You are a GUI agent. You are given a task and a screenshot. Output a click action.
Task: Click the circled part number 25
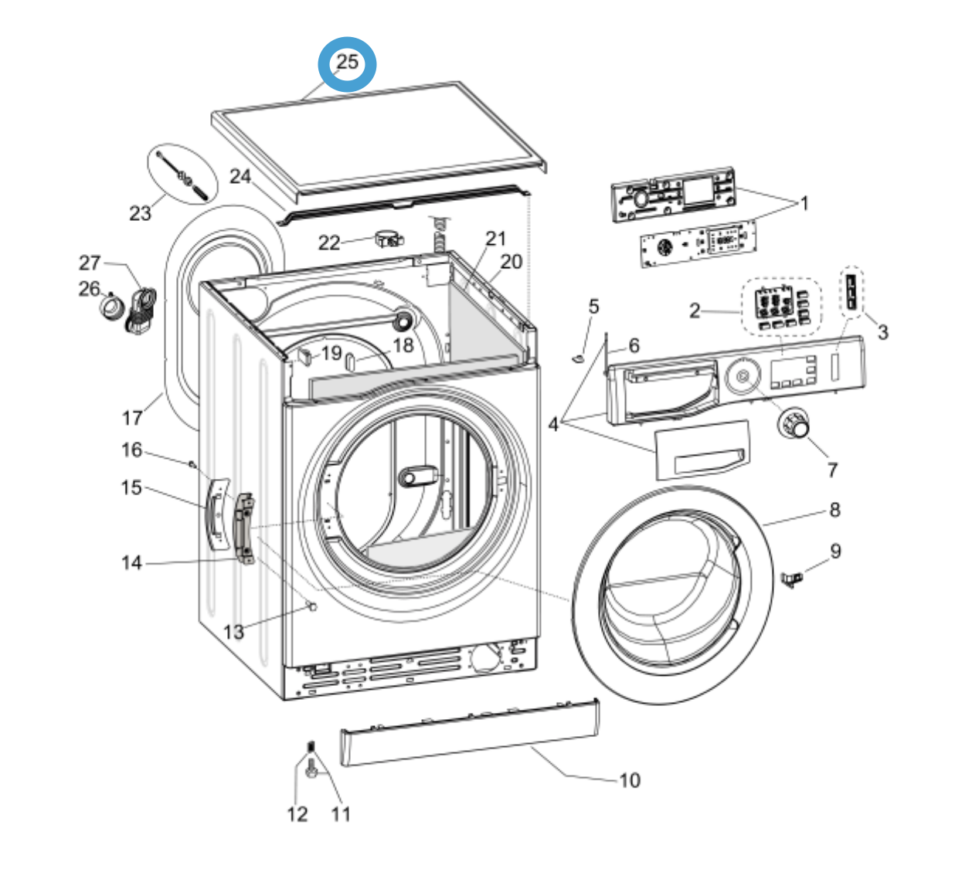[x=347, y=63]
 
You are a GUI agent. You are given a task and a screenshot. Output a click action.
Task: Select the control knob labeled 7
[x=793, y=423]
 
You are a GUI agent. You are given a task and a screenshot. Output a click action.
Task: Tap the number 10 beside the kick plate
[x=630, y=780]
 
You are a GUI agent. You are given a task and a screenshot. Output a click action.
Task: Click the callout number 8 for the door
[x=834, y=510]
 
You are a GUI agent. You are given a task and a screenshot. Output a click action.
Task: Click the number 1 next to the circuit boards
[x=804, y=203]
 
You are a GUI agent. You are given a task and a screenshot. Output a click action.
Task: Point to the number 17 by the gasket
[x=132, y=418]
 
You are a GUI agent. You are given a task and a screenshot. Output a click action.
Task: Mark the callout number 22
[x=329, y=243]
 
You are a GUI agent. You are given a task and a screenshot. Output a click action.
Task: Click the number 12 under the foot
[x=297, y=814]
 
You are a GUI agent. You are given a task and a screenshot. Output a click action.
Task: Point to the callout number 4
[x=553, y=423]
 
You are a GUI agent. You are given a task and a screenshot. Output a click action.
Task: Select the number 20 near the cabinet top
[x=511, y=262]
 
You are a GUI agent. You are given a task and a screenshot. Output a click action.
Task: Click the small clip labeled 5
[x=576, y=358]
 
